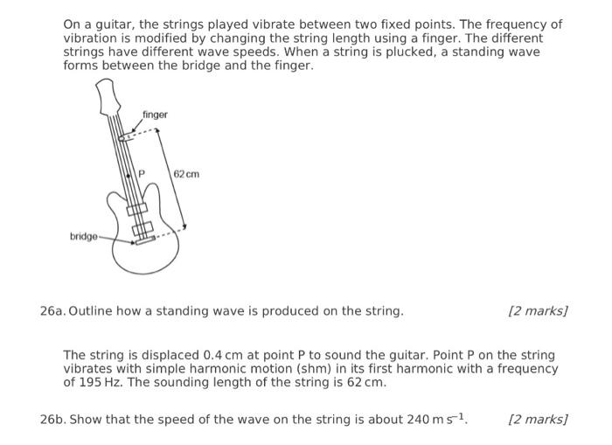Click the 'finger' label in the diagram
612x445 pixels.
(155, 115)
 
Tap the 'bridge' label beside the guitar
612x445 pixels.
(84, 237)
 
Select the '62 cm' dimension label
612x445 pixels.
(186, 174)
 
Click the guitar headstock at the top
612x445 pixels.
(107, 94)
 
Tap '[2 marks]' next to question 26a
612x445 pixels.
(538, 311)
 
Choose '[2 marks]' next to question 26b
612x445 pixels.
(538, 420)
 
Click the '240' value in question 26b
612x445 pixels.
(419, 420)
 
